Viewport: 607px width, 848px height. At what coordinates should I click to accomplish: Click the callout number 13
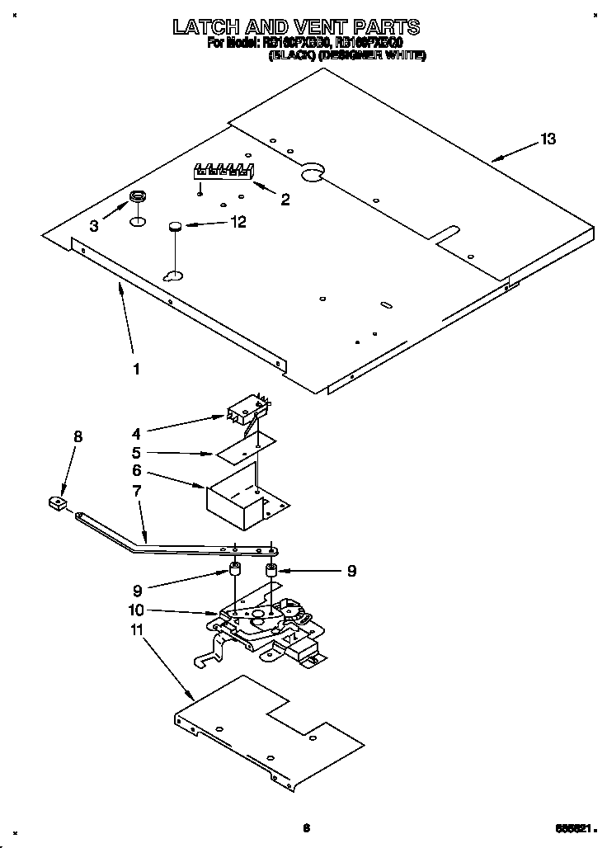click(x=548, y=139)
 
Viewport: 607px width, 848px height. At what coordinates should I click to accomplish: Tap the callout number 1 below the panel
click(x=136, y=369)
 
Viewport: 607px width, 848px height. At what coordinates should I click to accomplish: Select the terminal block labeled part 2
click(x=220, y=172)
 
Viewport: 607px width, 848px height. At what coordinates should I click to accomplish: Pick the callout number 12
click(x=238, y=221)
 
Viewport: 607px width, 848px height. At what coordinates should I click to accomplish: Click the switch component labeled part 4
click(x=247, y=409)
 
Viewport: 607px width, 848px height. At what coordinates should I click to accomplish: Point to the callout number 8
click(x=78, y=437)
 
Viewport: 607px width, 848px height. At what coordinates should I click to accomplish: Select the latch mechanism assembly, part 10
click(x=264, y=627)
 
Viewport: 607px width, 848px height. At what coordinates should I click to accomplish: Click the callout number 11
click(x=137, y=629)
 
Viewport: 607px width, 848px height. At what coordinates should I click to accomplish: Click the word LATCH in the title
click(x=211, y=27)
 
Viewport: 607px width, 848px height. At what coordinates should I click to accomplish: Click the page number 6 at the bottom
click(x=305, y=828)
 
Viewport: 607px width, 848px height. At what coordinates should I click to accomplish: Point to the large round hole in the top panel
click(x=312, y=172)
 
